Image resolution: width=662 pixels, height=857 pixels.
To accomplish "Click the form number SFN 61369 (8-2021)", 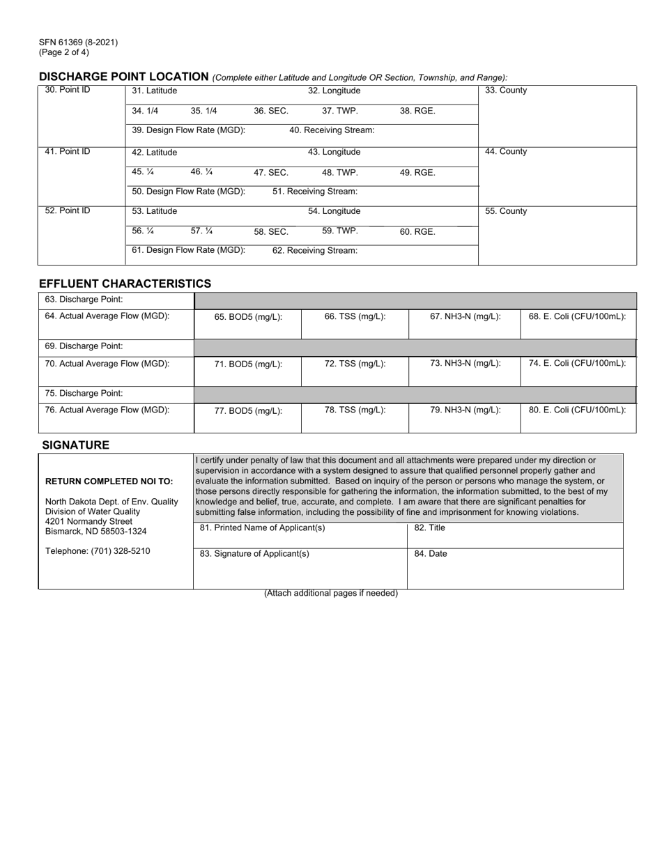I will [78, 43].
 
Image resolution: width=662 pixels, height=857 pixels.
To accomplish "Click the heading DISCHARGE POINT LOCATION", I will [123, 77].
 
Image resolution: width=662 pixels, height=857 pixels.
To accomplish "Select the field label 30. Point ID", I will [67, 91].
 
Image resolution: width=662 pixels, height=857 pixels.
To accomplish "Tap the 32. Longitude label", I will [334, 91].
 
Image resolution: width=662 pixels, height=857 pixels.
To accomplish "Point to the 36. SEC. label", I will [271, 111].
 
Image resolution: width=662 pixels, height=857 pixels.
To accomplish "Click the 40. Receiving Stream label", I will [332, 130].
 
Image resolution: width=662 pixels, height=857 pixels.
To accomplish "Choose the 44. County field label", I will [505, 152].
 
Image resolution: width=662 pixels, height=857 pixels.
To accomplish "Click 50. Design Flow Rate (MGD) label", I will [188, 192].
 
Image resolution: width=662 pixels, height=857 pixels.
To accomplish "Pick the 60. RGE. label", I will [417, 232].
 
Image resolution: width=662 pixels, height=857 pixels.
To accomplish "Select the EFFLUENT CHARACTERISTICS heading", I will [125, 284].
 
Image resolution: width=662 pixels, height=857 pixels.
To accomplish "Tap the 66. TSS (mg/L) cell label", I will [355, 316].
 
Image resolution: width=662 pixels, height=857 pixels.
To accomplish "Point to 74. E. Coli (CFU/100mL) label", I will [577, 363].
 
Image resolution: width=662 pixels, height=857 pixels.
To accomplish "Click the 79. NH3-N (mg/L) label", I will [465, 410].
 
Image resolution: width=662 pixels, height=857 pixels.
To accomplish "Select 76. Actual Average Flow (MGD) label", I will [107, 410].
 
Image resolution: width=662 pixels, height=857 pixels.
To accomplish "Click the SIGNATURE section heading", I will [75, 445].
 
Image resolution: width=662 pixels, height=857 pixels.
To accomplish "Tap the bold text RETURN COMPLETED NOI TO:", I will [109, 481].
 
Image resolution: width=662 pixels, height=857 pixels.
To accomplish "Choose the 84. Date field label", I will [431, 554].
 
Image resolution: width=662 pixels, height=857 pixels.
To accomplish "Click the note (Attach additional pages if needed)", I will [330, 594].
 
